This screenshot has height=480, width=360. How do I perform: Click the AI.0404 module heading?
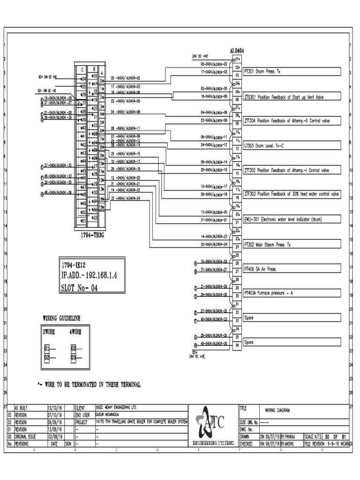(x=237, y=51)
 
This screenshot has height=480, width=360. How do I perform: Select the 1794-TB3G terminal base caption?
(x=92, y=235)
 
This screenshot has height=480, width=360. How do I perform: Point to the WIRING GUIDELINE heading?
(x=62, y=318)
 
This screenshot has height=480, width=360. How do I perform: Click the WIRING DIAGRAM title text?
(x=277, y=410)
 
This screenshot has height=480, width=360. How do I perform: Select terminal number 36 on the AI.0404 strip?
(x=238, y=345)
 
